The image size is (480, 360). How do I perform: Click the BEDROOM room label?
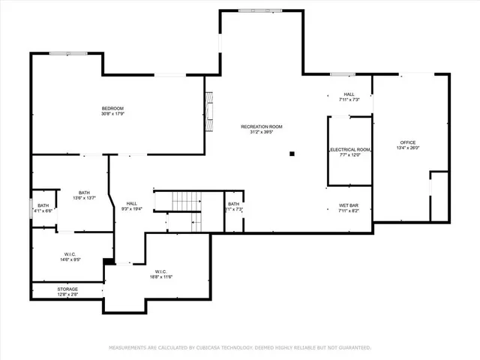coord(112,109)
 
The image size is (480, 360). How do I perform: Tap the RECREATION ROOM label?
coord(260,127)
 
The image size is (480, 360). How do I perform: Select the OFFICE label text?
coord(407,142)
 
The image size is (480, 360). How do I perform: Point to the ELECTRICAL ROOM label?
coord(350,150)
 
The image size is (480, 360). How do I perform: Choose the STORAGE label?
coord(67,289)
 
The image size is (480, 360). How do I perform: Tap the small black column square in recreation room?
coord(292,155)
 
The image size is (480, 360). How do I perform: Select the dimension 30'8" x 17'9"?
coord(112,114)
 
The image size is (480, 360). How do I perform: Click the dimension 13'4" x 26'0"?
coord(407,148)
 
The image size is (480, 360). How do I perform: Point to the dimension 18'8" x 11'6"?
coord(163,277)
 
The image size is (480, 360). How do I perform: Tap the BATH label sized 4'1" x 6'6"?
coord(43,205)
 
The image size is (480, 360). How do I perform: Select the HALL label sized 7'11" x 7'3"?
coord(349,94)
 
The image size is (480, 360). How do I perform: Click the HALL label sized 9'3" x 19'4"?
coord(131,203)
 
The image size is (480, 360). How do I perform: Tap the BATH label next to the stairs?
coord(234,204)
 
